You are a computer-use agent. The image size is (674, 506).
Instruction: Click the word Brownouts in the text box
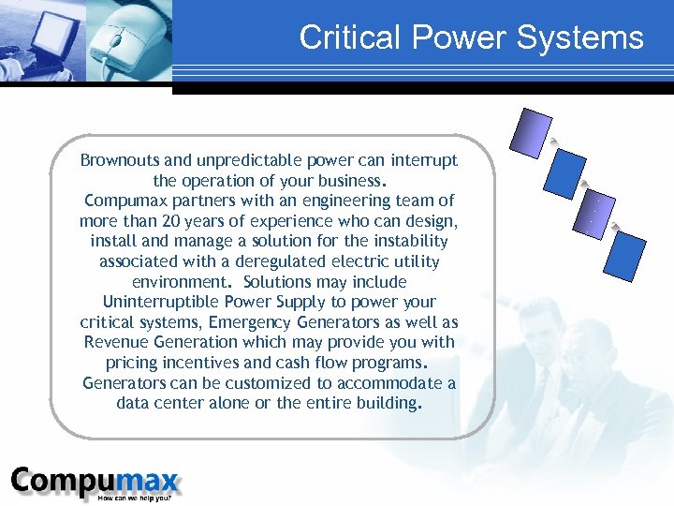[x=118, y=160]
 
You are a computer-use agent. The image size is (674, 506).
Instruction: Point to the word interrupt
[x=422, y=160]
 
